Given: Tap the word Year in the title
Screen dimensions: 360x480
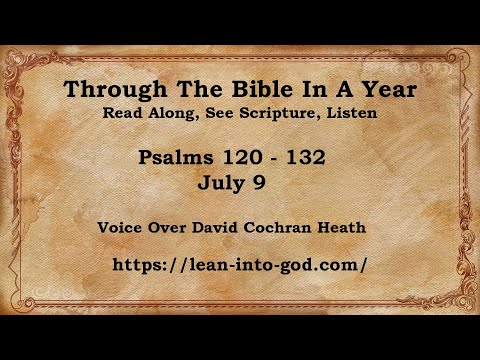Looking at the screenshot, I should [386, 91].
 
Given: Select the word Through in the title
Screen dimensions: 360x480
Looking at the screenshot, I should [106, 91].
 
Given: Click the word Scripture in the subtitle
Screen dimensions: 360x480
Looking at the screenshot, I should [284, 113].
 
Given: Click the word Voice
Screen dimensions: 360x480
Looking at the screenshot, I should [121, 227].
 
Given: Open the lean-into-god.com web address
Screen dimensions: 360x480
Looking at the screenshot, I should [241, 265].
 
